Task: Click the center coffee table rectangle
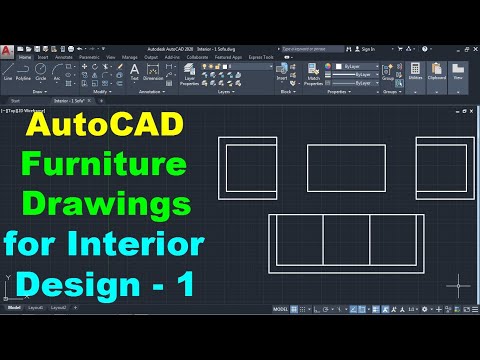click(346, 166)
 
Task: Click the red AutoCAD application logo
click(8, 50)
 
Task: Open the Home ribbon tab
click(24, 58)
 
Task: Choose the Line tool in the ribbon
click(9, 71)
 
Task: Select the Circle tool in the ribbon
click(40, 71)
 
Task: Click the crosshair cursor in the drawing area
click(457, 283)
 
